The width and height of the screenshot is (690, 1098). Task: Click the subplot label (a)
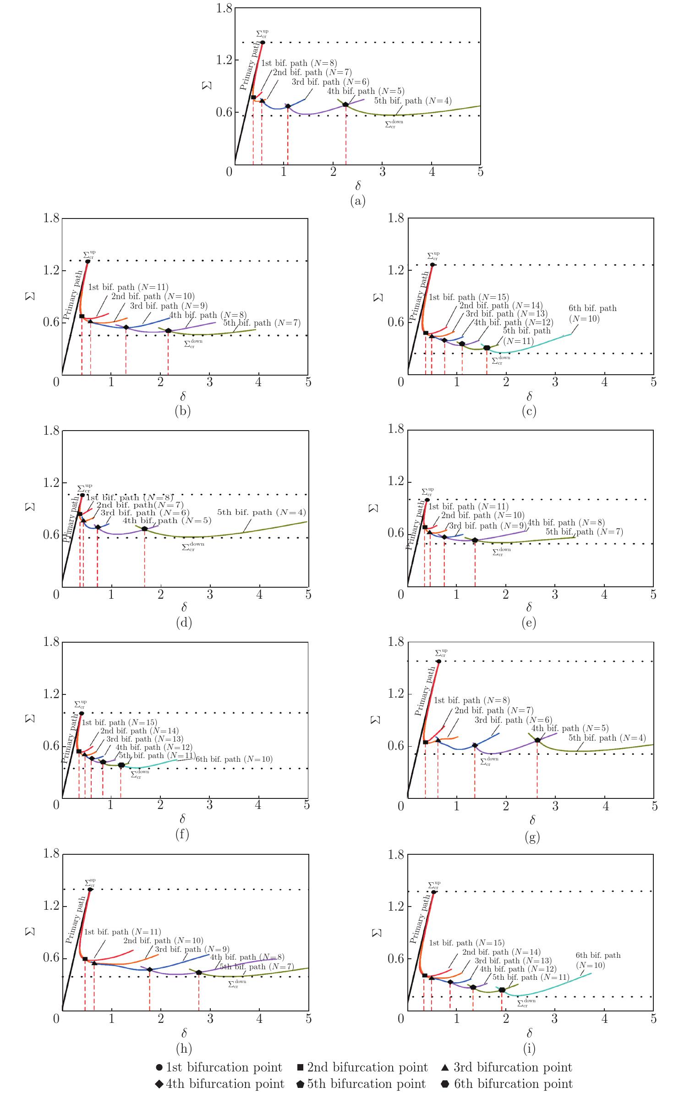click(357, 201)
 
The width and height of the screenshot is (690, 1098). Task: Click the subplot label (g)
click(532, 836)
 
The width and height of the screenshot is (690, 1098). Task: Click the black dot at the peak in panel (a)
click(263, 43)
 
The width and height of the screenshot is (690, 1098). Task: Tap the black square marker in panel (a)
click(253, 97)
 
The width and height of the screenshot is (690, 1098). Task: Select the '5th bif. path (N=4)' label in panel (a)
click(413, 101)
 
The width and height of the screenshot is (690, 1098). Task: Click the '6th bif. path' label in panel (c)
click(592, 308)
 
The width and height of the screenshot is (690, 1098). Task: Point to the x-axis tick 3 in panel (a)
click(382, 172)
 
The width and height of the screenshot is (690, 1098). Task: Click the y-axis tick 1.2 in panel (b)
click(51, 270)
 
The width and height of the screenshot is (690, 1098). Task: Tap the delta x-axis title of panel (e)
click(529, 607)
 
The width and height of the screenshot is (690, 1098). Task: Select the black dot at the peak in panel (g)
click(438, 661)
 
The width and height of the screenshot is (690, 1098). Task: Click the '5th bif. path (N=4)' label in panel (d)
click(261, 512)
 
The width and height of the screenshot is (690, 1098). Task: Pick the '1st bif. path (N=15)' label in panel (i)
click(466, 943)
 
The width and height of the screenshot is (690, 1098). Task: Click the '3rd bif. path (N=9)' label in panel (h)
click(192, 949)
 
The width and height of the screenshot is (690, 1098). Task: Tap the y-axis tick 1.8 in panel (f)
click(51, 642)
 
